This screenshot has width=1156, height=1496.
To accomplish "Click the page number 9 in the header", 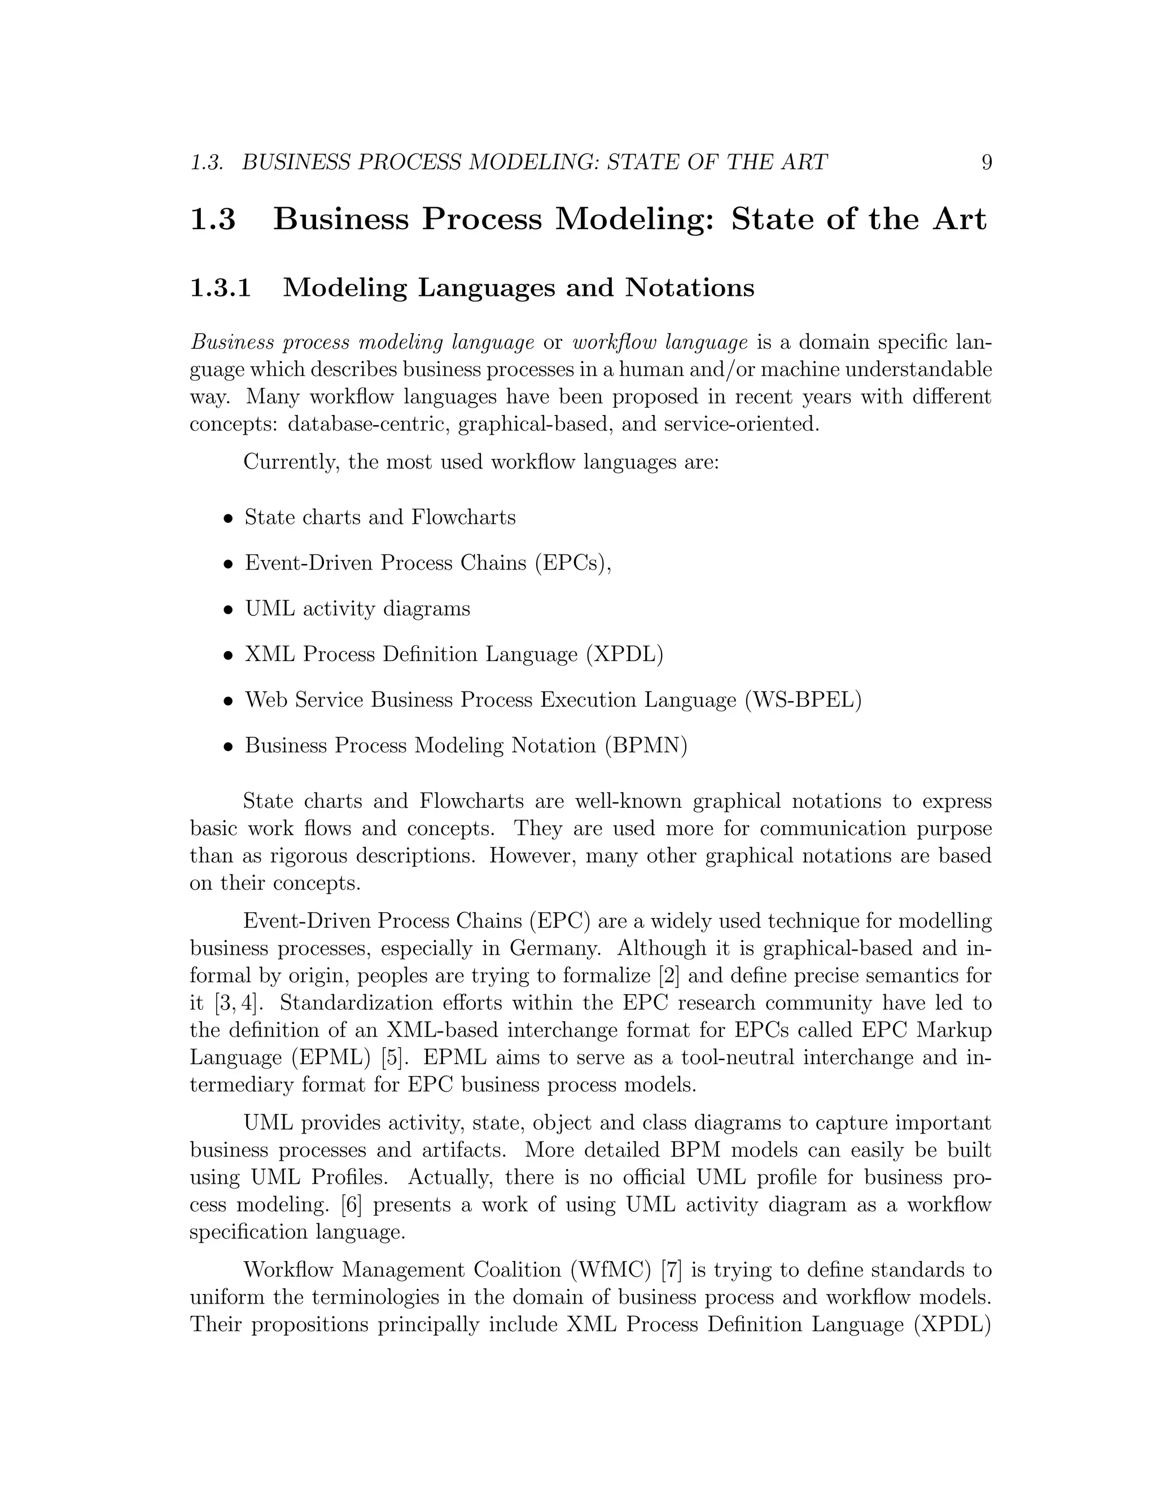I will [x=986, y=163].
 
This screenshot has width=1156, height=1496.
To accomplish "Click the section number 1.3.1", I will [x=221, y=288].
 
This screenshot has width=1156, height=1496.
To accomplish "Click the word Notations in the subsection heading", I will [x=690, y=288].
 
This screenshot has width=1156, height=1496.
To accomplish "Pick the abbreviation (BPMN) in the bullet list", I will [x=646, y=745].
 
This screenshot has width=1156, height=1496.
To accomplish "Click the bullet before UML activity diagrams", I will [x=229, y=610].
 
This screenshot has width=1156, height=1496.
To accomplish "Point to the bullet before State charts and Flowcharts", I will [x=229, y=518].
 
